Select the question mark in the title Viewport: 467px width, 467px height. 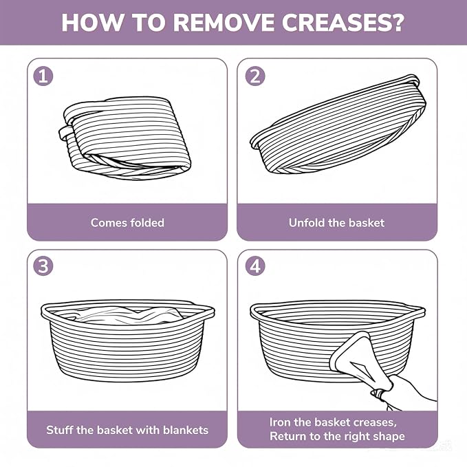tap(394, 22)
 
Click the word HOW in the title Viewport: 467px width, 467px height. tap(92, 22)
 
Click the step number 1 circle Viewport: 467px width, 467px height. tap(43, 76)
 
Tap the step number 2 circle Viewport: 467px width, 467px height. tap(255, 76)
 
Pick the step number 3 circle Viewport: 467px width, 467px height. tap(43, 265)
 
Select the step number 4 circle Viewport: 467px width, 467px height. tap(255, 265)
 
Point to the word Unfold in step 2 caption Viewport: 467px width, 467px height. tap(307, 223)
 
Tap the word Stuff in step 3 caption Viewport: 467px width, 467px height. tap(60, 430)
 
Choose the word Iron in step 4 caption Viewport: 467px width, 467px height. tap(280, 422)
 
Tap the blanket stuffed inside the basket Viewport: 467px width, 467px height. tap(129, 316)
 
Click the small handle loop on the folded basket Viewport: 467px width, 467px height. tap(65, 132)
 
